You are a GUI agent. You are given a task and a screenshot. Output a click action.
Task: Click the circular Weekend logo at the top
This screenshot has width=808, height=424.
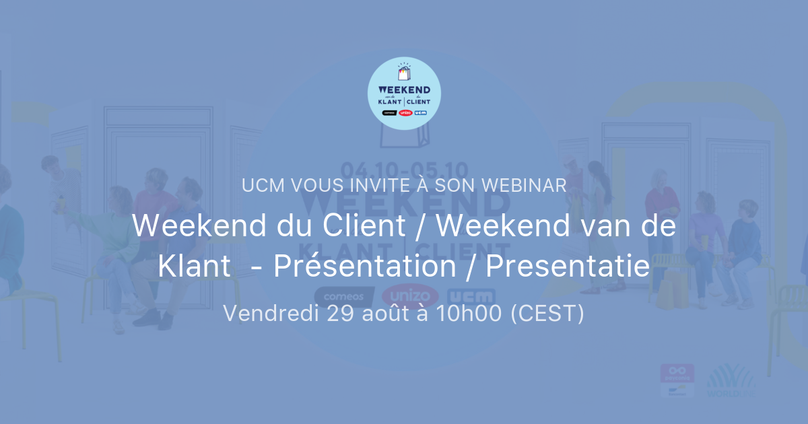[404, 93]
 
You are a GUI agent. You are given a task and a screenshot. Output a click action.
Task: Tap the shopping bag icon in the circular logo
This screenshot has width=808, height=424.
[404, 72]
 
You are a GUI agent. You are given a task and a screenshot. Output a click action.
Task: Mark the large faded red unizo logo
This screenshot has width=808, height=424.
[410, 296]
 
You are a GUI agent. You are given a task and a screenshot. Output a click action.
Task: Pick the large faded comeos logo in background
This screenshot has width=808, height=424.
[344, 296]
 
